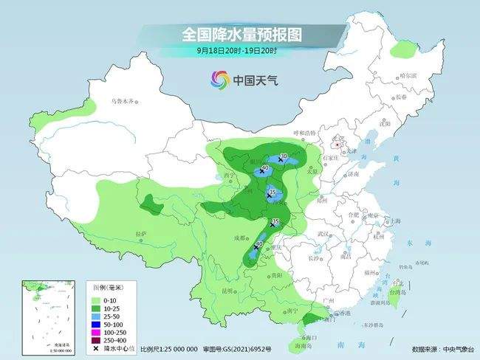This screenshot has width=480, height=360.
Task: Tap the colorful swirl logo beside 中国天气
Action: click(x=219, y=78)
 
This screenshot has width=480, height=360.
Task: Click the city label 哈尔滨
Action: click(x=408, y=76)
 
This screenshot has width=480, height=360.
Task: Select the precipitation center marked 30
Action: click(x=281, y=158)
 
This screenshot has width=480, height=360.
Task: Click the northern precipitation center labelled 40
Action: click(x=262, y=170)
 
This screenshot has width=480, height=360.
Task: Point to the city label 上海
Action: click(x=395, y=221)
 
